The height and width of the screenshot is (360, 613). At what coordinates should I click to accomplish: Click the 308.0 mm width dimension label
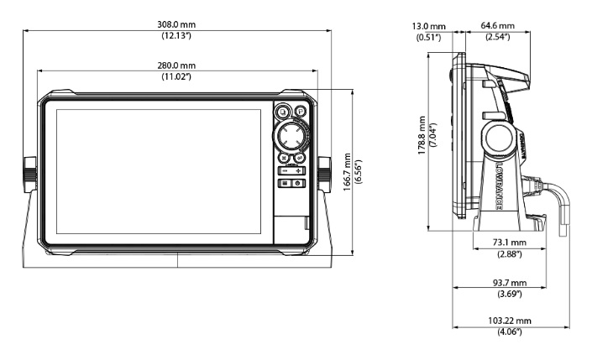[x=177, y=25]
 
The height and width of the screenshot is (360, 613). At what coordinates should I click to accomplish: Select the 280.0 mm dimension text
[x=177, y=65]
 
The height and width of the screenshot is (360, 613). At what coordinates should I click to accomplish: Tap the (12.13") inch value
[x=177, y=36]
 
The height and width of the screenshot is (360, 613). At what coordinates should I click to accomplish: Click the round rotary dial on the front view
[x=291, y=134]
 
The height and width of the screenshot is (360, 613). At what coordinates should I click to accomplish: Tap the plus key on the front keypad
[x=299, y=170]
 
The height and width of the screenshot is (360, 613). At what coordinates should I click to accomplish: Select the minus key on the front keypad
[x=285, y=170]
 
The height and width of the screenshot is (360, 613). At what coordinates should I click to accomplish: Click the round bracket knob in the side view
[x=497, y=136]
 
